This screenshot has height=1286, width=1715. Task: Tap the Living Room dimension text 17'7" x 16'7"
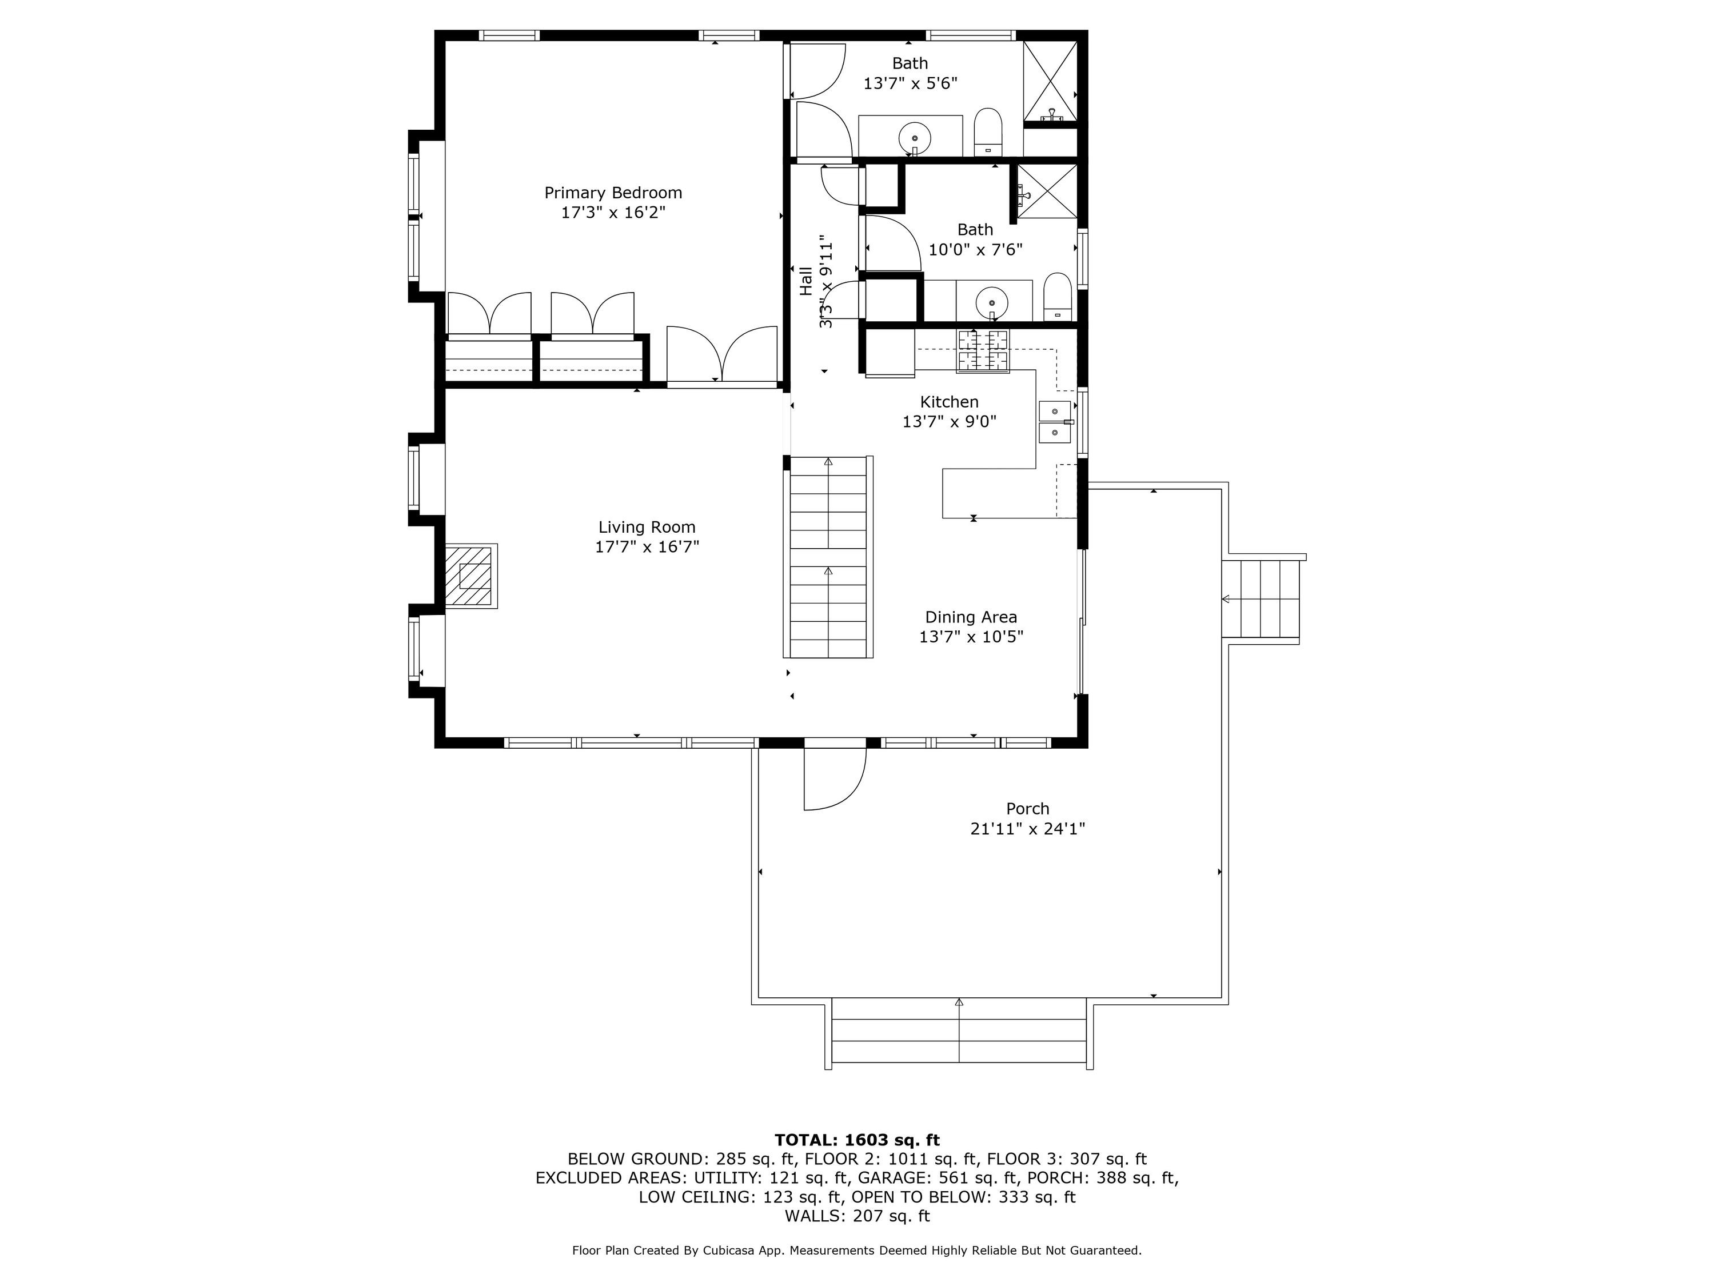(647, 546)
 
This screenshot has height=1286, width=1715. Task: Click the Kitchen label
(949, 402)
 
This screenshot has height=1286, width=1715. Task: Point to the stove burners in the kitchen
(983, 351)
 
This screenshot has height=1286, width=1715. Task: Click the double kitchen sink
(1054, 422)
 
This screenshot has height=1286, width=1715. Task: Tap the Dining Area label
(971, 617)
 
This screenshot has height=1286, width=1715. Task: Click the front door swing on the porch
(834, 779)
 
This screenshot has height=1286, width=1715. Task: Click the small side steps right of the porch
(1265, 598)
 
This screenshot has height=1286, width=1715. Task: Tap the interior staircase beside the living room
(828, 557)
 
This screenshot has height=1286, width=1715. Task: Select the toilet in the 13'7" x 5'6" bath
(988, 132)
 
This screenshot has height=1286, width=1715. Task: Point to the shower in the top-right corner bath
(1051, 81)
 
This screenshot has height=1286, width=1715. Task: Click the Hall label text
(806, 281)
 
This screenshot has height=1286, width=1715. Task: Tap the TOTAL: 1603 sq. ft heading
(857, 1140)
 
